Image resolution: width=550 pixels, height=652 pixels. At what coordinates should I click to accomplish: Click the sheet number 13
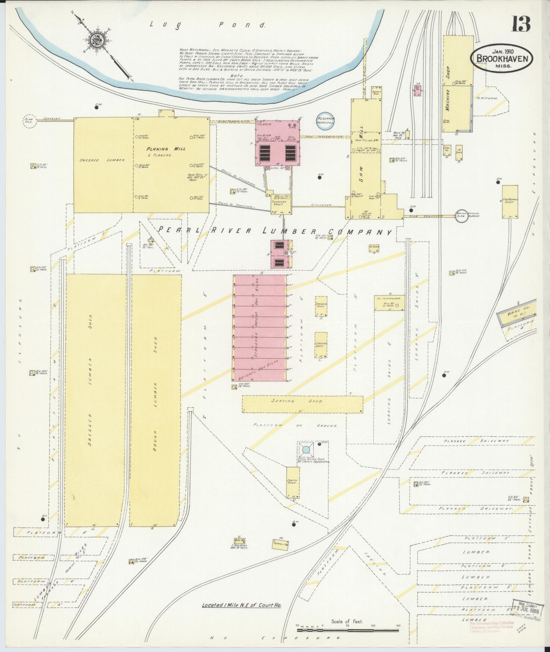click(x=520, y=24)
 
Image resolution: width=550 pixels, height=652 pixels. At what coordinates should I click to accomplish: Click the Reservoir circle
click(x=326, y=121)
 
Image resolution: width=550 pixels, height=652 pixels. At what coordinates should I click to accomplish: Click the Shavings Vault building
click(x=281, y=204)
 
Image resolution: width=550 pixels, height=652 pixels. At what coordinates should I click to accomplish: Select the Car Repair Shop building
click(x=510, y=201)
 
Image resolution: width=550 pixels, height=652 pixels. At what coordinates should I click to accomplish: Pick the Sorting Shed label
click(x=296, y=401)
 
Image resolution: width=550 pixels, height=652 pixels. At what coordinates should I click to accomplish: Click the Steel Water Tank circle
click(x=306, y=450)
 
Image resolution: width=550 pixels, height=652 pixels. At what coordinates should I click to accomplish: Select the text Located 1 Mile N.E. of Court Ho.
click(x=244, y=605)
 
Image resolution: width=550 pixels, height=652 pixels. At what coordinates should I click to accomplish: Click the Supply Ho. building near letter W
click(x=281, y=544)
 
